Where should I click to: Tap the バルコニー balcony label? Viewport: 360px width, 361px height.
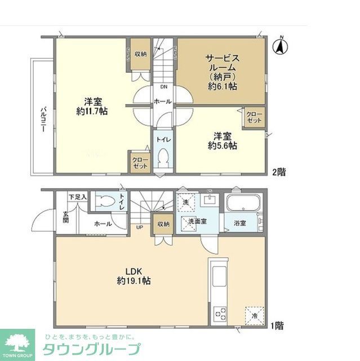(43, 119)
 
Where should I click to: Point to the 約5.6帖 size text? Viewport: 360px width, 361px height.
(221, 145)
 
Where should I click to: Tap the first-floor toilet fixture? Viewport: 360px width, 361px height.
(105, 201)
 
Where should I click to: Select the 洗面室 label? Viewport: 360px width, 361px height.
(197, 222)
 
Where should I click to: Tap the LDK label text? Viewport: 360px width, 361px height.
(133, 269)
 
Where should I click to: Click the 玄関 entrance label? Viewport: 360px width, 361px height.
(66, 217)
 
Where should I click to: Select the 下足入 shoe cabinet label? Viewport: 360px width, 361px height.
(78, 197)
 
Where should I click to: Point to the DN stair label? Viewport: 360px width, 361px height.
(163, 87)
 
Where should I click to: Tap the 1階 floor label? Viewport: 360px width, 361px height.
(276, 325)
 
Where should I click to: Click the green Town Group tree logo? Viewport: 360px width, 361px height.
(17, 342)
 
